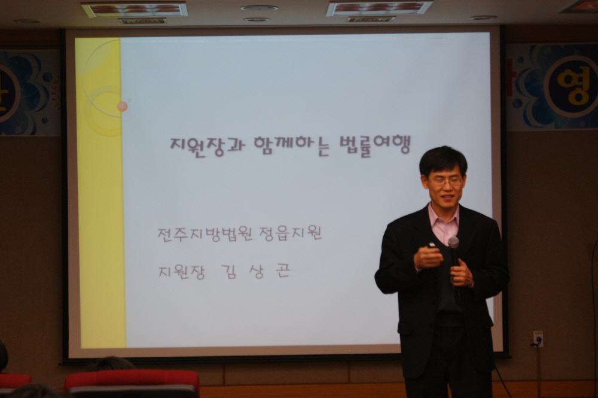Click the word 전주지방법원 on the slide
pyautogui.click(x=205, y=233)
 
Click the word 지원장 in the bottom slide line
pyautogui.click(x=182, y=271)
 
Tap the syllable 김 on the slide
pyautogui.click(x=229, y=271)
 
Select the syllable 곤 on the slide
pyautogui.click(x=283, y=271)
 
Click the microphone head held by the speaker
pyautogui.click(x=453, y=242)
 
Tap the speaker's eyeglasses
pyautogui.click(x=445, y=182)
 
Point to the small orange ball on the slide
pyautogui.click(x=123, y=107)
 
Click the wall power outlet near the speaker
pyautogui.click(x=538, y=339)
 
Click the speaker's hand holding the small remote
pyautogui.click(x=428, y=257)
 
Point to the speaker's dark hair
pyautogui.click(x=443, y=160)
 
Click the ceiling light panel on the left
pyautogui.click(x=135, y=10)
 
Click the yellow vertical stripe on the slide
pyautogui.click(x=100, y=193)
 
